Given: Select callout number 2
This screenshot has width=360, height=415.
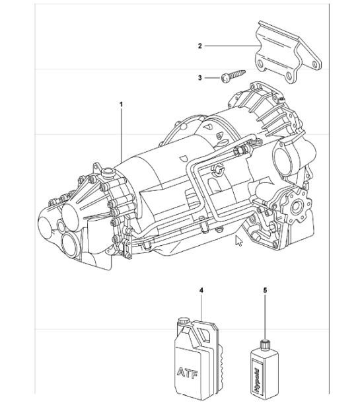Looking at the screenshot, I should pyautogui.click(x=199, y=46).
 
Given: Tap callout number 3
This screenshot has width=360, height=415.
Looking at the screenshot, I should pyautogui.click(x=199, y=78).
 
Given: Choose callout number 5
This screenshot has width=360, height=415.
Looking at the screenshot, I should pyautogui.click(x=266, y=290).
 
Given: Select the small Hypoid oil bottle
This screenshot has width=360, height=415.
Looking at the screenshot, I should pyautogui.click(x=263, y=370).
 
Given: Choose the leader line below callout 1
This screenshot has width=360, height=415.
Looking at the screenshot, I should pyautogui.click(x=122, y=132).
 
